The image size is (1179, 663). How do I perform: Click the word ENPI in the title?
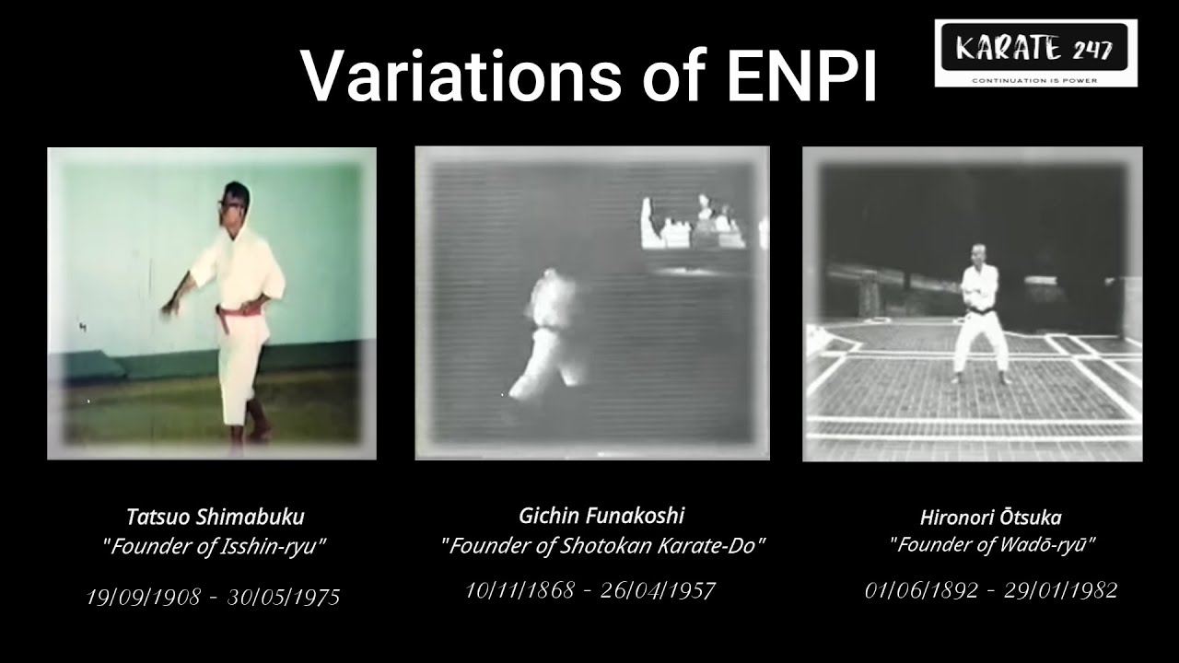[x=801, y=76]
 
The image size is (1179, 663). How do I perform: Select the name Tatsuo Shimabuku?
[x=215, y=517]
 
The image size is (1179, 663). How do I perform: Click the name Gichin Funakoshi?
[x=601, y=515]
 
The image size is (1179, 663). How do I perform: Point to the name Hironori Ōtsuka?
[x=990, y=518]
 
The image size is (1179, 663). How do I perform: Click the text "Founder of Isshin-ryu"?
[x=215, y=546]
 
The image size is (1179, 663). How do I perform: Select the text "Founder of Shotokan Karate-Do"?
[x=602, y=545]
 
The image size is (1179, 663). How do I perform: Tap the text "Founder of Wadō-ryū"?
[x=991, y=544]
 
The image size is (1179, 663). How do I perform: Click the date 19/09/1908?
[x=143, y=598]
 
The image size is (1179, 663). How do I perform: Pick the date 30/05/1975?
[x=284, y=598]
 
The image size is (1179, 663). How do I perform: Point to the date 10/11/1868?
[x=521, y=590]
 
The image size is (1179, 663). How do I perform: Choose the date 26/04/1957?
[x=658, y=590]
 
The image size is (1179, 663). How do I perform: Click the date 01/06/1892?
[x=921, y=590]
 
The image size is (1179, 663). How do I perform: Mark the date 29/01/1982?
[x=1060, y=590]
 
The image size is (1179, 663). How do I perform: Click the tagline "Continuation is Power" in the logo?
[x=1035, y=80]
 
